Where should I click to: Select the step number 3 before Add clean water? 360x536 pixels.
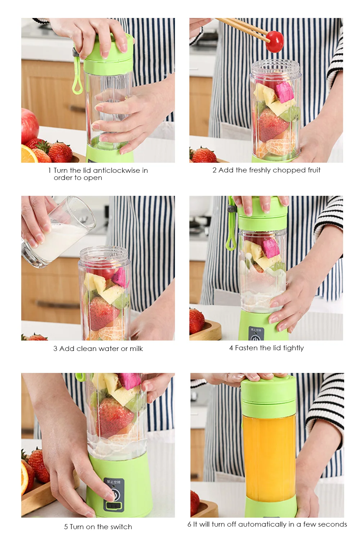[55, 348]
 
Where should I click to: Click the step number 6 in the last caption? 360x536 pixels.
[189, 524]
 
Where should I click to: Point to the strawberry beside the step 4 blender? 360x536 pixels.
[197, 320]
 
